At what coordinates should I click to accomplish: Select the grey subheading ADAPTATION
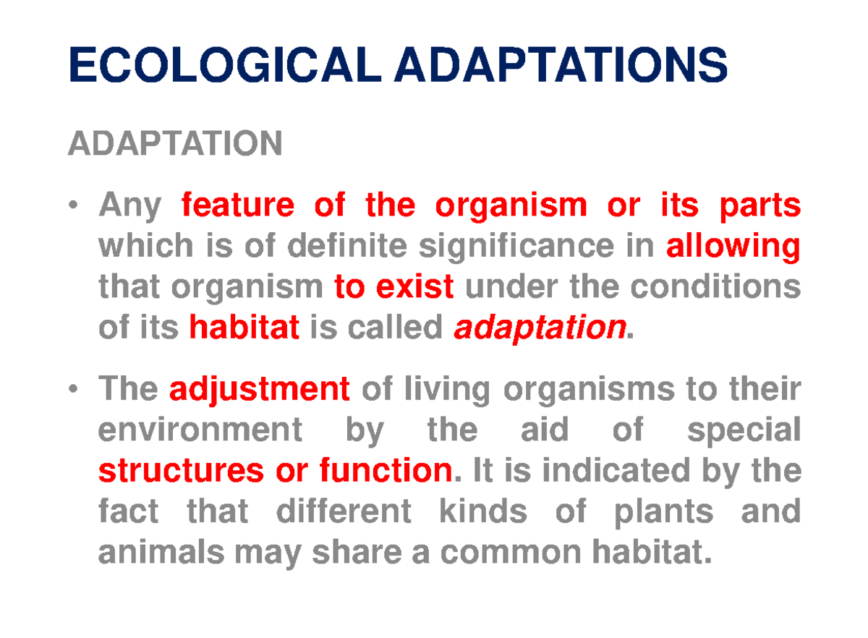coord(174,143)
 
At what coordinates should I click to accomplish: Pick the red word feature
coord(238,207)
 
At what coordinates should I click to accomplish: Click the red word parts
coord(759,207)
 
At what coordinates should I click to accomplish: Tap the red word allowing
coord(733,248)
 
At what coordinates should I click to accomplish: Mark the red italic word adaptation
coord(539,329)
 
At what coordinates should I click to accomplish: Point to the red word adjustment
coord(260,391)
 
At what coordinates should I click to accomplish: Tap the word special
coord(743,432)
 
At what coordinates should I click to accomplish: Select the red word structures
coord(181,472)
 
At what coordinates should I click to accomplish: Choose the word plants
coord(663,512)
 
